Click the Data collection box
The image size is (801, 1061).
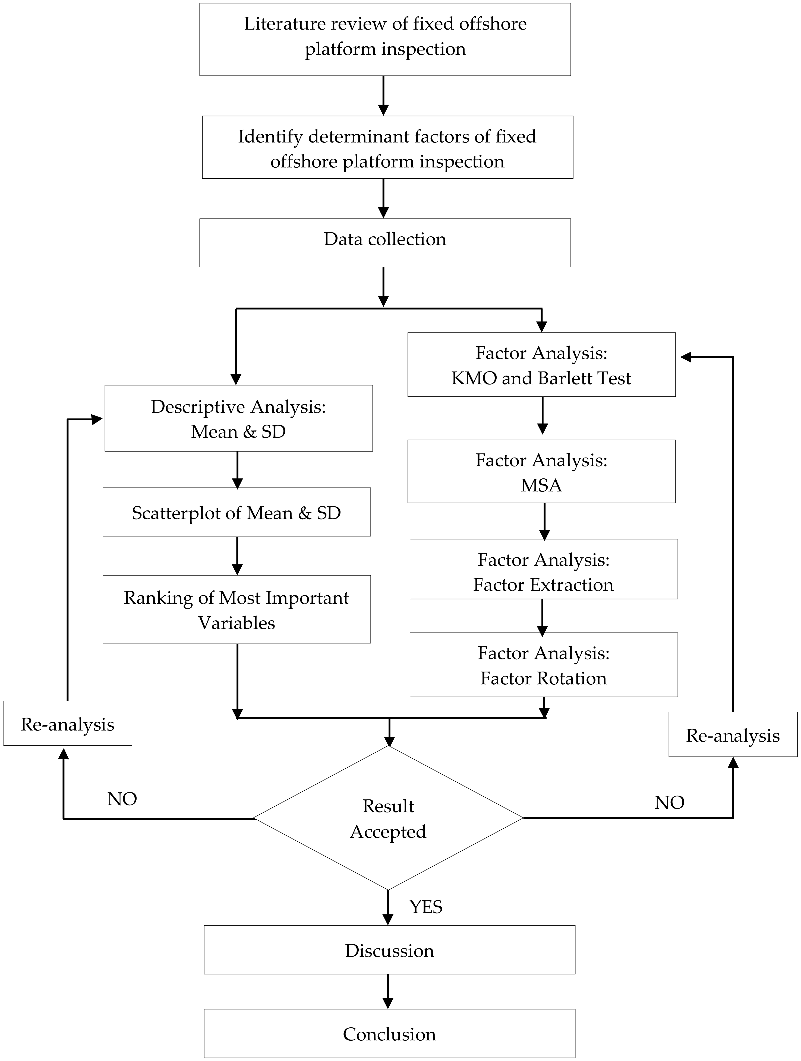point(385,242)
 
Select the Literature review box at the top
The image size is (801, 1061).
point(385,39)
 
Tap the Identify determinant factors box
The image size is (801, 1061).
point(387,147)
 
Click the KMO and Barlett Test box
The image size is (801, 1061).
point(541,364)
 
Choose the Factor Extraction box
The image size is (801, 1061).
point(543,569)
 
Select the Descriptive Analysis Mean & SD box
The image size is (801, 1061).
point(238,418)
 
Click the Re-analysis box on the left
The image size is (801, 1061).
point(68,723)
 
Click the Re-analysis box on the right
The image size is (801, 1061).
point(733,734)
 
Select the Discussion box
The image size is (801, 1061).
point(389,950)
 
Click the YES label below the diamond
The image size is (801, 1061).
point(426,907)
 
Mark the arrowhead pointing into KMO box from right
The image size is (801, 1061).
point(685,357)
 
